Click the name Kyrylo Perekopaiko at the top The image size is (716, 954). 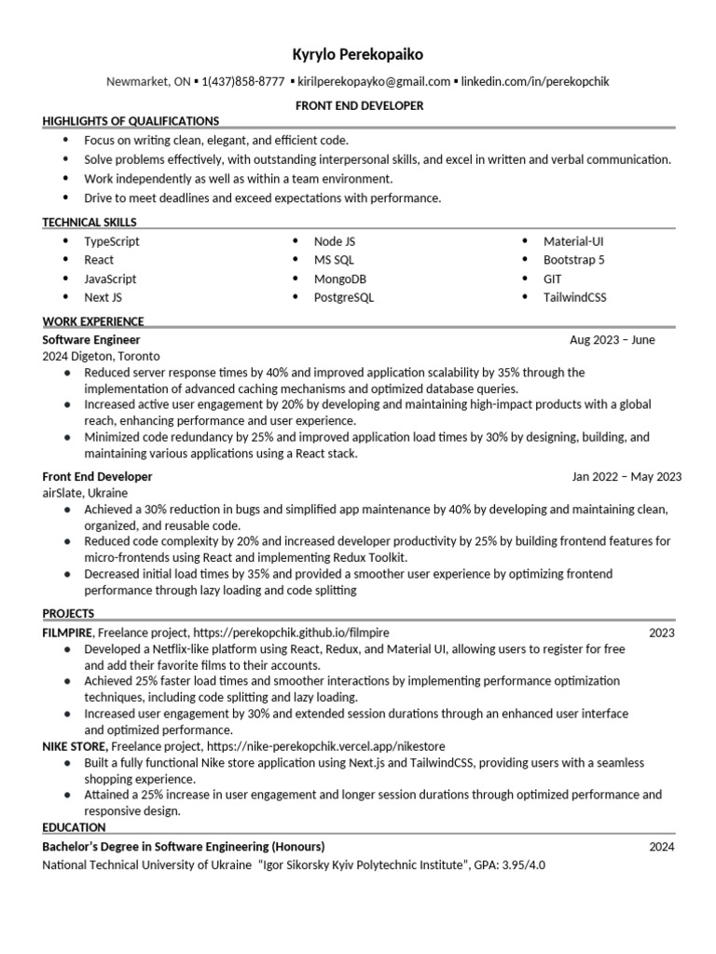[x=358, y=55]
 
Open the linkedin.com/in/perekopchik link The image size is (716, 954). [x=535, y=82]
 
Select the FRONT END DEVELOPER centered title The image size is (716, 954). [x=358, y=105]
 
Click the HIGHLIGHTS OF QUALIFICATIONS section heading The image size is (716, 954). [x=131, y=121]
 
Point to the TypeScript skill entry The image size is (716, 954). [x=112, y=241]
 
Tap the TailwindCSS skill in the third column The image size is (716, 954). [x=575, y=297]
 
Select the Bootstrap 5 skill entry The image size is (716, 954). [x=574, y=260]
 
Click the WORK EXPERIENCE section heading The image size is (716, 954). [x=93, y=321]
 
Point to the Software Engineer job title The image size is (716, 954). [x=91, y=340]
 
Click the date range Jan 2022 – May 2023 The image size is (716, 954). [x=626, y=477]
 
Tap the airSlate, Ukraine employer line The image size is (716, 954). [x=85, y=492]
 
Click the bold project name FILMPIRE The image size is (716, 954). [x=67, y=633]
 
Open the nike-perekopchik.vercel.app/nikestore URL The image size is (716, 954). [x=326, y=746]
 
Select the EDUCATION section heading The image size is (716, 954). [x=75, y=827]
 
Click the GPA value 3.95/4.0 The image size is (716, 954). [x=526, y=865]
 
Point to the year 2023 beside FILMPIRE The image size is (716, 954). [x=662, y=634]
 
